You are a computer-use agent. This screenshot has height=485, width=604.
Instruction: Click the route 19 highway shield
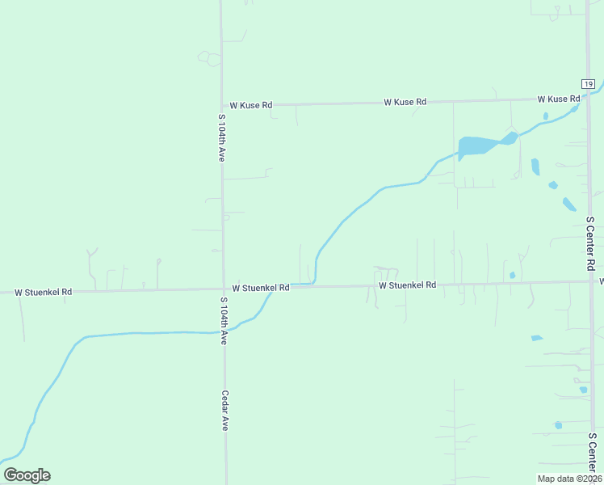click(x=588, y=85)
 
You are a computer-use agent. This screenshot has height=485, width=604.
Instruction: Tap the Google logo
click(x=27, y=475)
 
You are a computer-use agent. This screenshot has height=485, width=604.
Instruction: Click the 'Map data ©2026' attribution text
click(x=570, y=479)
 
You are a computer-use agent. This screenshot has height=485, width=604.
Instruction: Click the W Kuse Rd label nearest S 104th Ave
click(x=251, y=105)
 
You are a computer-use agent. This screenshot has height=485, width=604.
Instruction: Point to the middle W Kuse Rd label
click(x=405, y=102)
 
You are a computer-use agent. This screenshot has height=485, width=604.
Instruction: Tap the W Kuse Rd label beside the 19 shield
click(x=559, y=99)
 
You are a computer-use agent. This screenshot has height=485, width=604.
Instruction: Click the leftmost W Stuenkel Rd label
click(x=44, y=292)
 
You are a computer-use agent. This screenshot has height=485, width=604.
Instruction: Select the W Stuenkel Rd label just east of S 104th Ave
click(x=261, y=288)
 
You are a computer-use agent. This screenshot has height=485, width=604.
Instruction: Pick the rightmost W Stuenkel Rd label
click(x=408, y=285)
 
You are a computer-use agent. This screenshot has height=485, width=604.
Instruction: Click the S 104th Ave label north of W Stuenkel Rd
click(x=221, y=138)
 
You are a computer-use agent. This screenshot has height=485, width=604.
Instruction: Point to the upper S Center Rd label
click(x=590, y=242)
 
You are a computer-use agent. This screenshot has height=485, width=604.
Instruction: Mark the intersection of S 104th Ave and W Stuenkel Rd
click(x=224, y=289)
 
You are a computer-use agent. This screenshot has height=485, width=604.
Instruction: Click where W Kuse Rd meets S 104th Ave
click(x=222, y=105)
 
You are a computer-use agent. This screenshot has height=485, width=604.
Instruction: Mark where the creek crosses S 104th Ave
click(x=224, y=331)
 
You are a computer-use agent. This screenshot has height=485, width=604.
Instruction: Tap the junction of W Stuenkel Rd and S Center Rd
click(x=592, y=281)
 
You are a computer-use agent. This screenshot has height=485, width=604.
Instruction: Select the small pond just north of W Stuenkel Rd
click(x=513, y=275)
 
